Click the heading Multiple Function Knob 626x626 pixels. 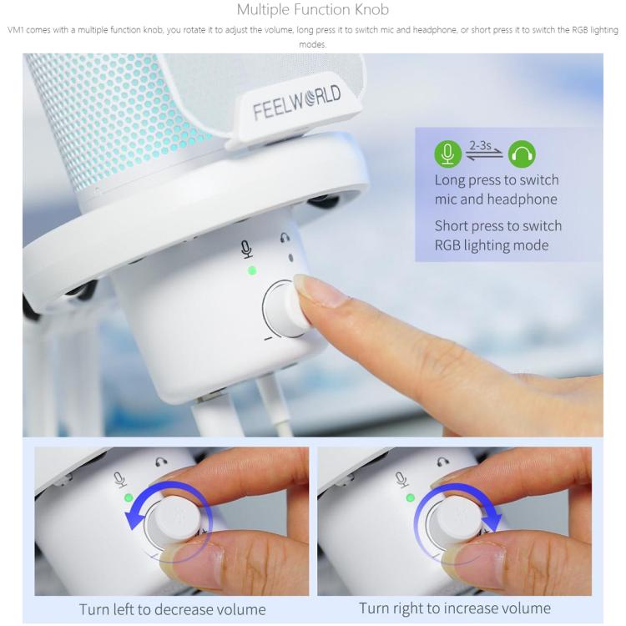(x=313, y=11)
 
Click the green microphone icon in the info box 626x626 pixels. (x=447, y=154)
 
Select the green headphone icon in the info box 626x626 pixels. (x=523, y=154)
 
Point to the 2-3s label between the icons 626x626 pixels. (x=482, y=144)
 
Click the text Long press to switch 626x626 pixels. (x=497, y=180)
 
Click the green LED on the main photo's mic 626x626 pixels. (x=250, y=270)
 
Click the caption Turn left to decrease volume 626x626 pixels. (x=172, y=608)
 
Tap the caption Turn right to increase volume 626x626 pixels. (x=454, y=608)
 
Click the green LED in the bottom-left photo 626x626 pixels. (x=128, y=498)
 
